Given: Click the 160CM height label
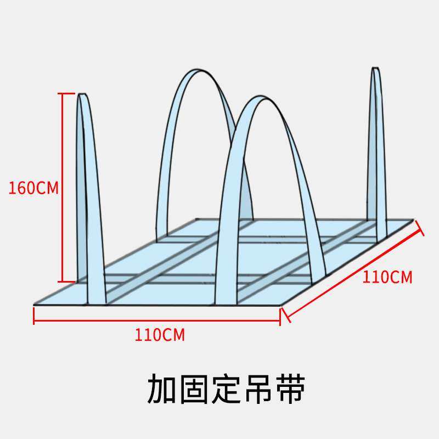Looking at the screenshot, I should pyautogui.click(x=33, y=188).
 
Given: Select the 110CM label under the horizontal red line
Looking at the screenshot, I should pyautogui.click(x=160, y=334).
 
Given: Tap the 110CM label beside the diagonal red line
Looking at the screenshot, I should pyautogui.click(x=387, y=277).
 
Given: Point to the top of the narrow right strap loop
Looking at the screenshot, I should pyautogui.click(x=375, y=69).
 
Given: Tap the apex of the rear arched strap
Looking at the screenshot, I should pyautogui.click(x=198, y=71).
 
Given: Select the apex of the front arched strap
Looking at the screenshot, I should pyautogui.click(x=257, y=98).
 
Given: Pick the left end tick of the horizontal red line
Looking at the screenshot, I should pyautogui.click(x=34, y=316).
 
